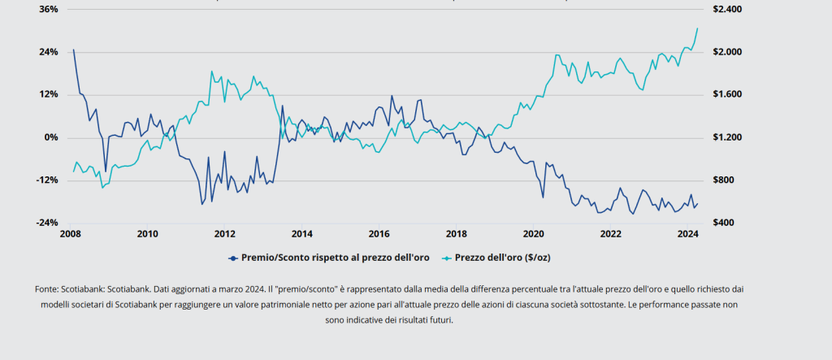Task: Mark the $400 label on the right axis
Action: pyautogui.click(x=722, y=223)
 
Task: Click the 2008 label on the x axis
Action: pyautogui.click(x=70, y=234)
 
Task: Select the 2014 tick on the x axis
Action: pyautogui.click(x=301, y=234)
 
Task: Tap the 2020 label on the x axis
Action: pyautogui.click(x=533, y=234)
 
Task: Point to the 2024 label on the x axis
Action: pyautogui.click(x=687, y=234)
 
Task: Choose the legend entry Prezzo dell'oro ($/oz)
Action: pyautogui.click(x=502, y=257)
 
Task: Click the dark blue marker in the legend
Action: pyautogui.click(x=233, y=257)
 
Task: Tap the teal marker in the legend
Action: pyautogui.click(x=447, y=257)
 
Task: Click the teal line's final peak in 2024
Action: pyautogui.click(x=697, y=28)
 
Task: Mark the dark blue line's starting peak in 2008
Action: pyautogui.click(x=73, y=50)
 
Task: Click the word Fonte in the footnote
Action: pyautogui.click(x=46, y=288)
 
